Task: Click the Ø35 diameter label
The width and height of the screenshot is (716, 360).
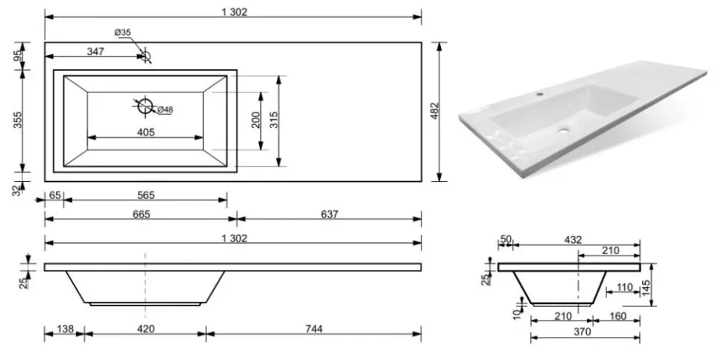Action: click(122, 32)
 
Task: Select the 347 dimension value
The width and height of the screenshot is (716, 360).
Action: click(95, 51)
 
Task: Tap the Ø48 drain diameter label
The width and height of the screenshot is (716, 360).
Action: click(165, 110)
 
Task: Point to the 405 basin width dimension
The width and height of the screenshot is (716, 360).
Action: click(145, 133)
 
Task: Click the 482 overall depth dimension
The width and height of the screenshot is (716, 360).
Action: click(434, 111)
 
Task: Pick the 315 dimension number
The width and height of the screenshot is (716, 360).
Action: click(274, 120)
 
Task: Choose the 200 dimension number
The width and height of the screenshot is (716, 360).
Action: click(256, 120)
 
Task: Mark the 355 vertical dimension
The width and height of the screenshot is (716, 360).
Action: click(17, 120)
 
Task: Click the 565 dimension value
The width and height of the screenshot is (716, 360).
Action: click(146, 195)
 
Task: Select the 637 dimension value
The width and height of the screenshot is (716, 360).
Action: click(329, 214)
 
